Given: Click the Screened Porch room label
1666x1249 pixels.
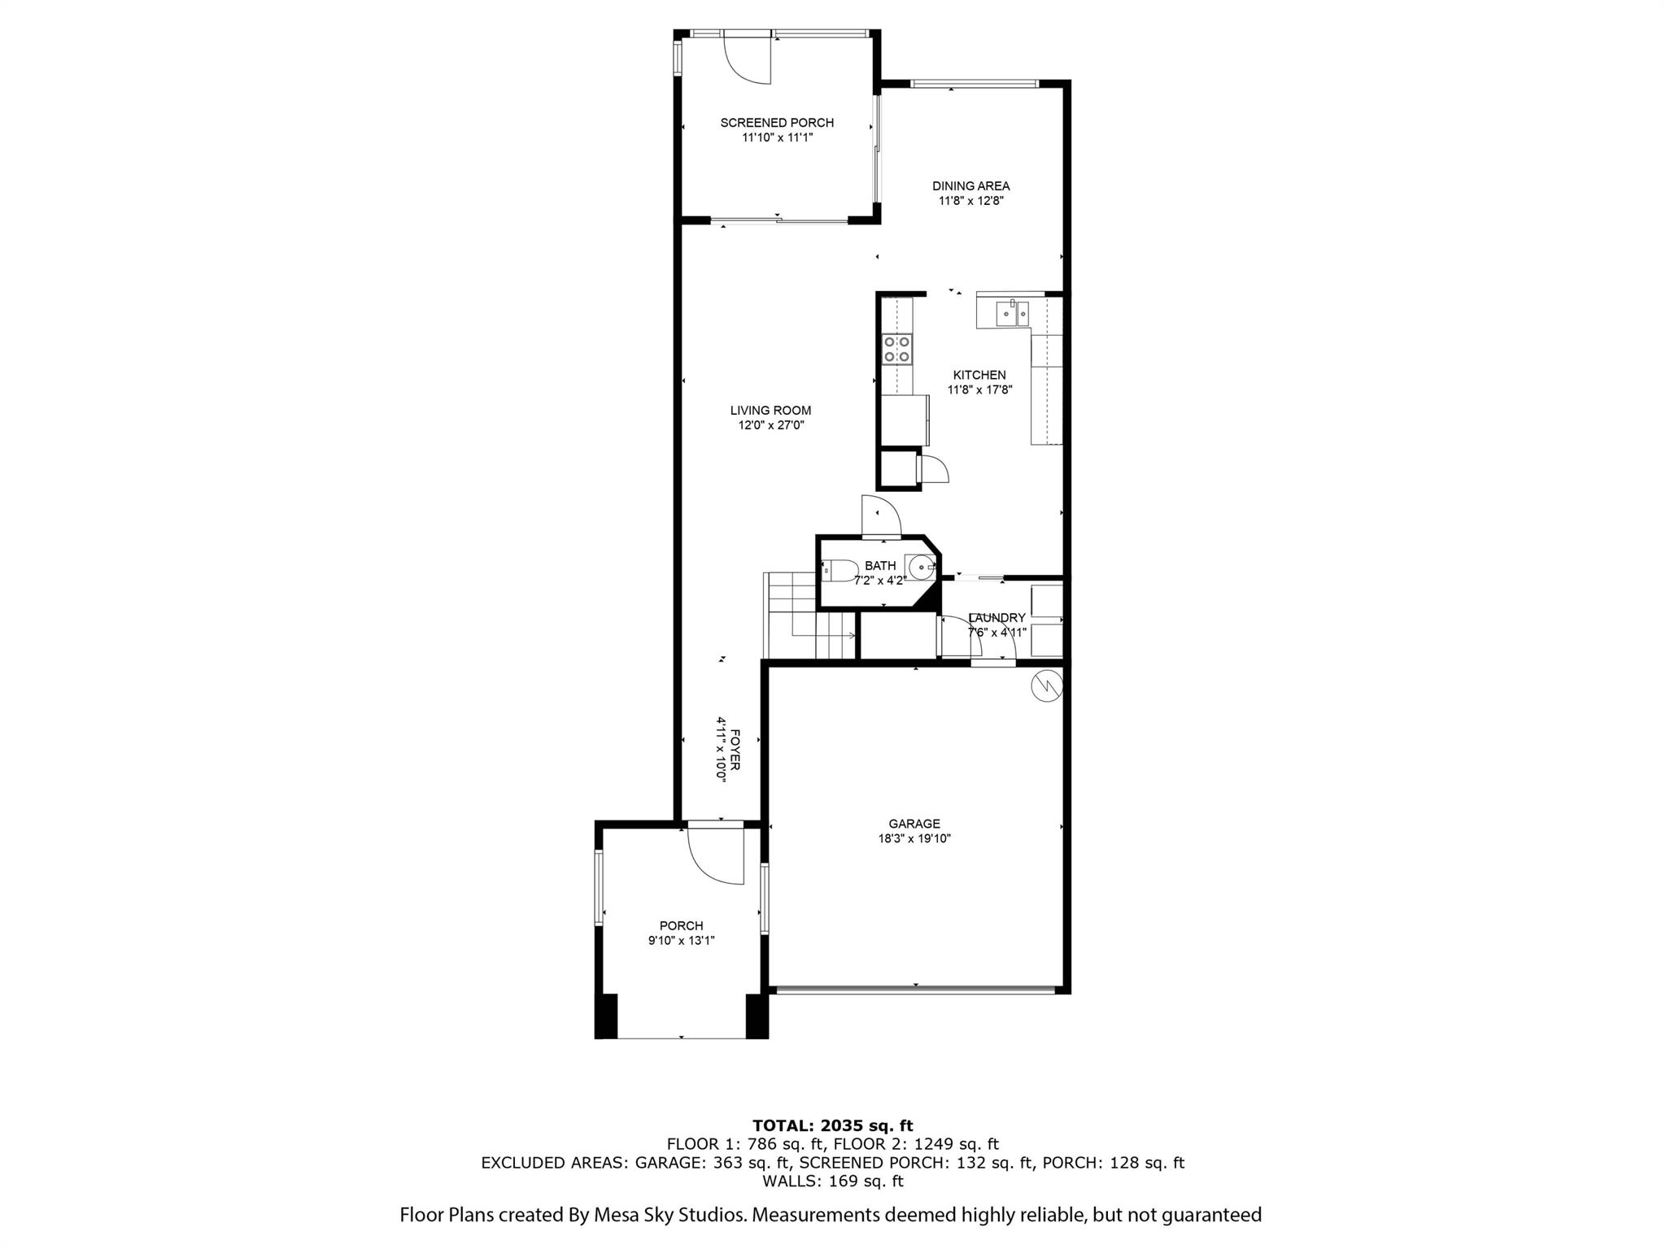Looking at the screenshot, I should click(x=776, y=123).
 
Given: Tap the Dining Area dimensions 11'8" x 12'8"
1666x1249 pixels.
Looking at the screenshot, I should click(x=970, y=201).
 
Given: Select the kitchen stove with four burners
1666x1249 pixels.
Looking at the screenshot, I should click(x=896, y=350).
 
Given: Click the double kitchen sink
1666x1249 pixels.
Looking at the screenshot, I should click(x=1012, y=313).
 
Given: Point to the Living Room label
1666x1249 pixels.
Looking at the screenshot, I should click(x=770, y=411).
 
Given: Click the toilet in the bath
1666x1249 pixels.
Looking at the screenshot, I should click(x=839, y=571).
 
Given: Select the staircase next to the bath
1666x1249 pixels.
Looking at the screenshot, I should click(x=793, y=616).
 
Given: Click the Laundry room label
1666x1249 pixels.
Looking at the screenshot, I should click(x=997, y=618).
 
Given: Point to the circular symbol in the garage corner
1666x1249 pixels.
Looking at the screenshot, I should click(x=1046, y=685).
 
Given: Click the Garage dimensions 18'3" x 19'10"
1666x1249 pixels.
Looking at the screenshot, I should click(x=914, y=838).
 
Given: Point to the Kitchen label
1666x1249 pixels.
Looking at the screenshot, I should click(x=979, y=375).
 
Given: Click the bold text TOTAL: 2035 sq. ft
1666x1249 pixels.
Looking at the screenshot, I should click(x=832, y=1125).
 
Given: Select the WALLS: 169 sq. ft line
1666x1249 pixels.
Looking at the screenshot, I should click(x=832, y=1181).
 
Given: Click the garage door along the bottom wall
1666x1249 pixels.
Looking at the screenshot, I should click(x=914, y=990).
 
